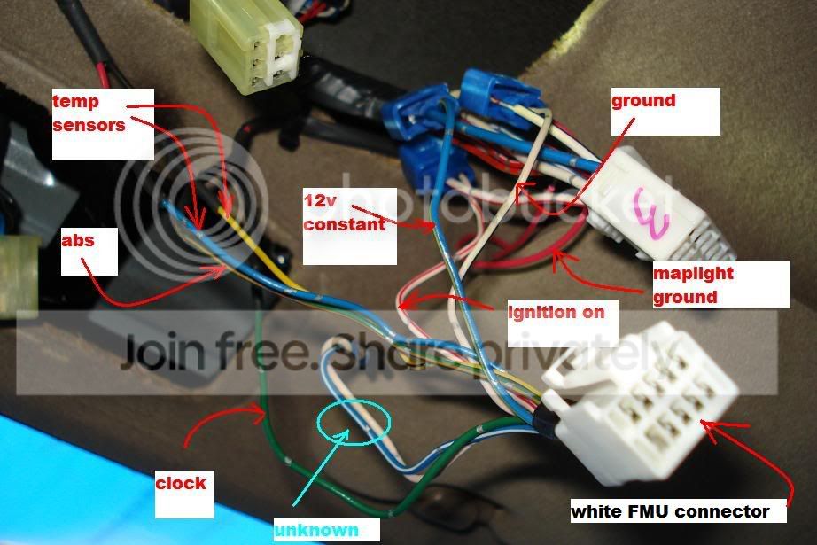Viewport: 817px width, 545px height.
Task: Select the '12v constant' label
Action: pos(344,215)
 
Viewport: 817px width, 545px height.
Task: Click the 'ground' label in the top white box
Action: pos(643,100)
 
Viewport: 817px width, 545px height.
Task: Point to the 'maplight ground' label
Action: pos(693,284)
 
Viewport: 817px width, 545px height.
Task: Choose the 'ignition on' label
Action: pos(556,311)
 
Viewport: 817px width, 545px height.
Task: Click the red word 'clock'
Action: pos(181,483)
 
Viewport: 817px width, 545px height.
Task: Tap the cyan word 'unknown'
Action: pos(316,530)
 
